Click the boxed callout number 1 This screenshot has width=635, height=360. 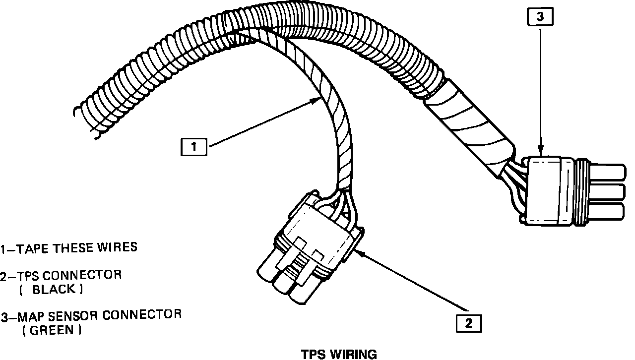pyautogui.click(x=194, y=147)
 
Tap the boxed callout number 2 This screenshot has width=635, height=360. pyautogui.click(x=468, y=323)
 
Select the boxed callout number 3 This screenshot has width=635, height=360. pyautogui.click(x=540, y=17)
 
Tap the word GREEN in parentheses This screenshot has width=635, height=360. pyautogui.click(x=52, y=330)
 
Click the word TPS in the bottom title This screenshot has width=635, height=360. pyautogui.click(x=313, y=354)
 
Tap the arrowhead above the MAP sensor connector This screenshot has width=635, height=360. pyautogui.click(x=540, y=149)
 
